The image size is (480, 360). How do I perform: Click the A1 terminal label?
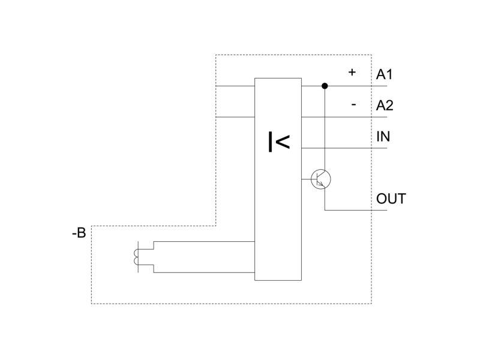tap(384, 74)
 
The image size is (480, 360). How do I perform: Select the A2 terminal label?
tap(385, 106)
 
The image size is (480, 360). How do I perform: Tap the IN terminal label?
tap(383, 137)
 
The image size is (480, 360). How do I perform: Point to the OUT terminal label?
tap(391, 199)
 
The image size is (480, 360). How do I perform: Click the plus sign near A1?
tap(352, 72)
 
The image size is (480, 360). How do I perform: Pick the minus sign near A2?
tap(353, 105)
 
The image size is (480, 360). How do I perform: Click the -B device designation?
tap(79, 233)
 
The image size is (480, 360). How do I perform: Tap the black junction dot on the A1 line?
tap(325, 86)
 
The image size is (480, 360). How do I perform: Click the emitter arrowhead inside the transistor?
tap(321, 184)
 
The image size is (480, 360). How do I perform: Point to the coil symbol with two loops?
tap(136, 257)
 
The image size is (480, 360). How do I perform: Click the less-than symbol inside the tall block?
tap(283, 142)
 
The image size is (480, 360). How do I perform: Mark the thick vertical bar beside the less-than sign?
tap(271, 142)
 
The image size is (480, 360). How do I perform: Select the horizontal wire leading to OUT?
tap(356, 211)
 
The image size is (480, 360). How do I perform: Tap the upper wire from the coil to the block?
tap(204, 241)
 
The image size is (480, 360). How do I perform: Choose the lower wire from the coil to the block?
tap(204, 272)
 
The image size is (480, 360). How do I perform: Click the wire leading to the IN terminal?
tap(344, 148)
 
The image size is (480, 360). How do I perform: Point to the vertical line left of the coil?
tap(139, 257)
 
